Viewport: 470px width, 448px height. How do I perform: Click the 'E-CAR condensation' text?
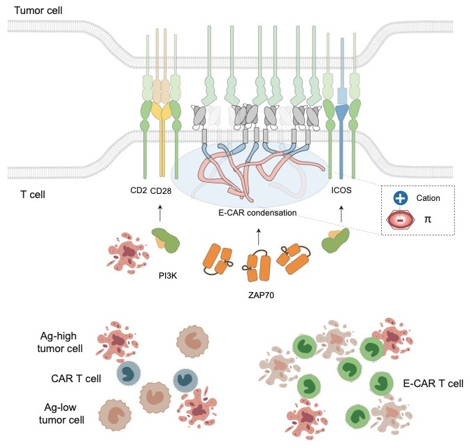tap(258, 212)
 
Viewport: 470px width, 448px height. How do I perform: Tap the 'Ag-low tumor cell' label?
tap(62, 413)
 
